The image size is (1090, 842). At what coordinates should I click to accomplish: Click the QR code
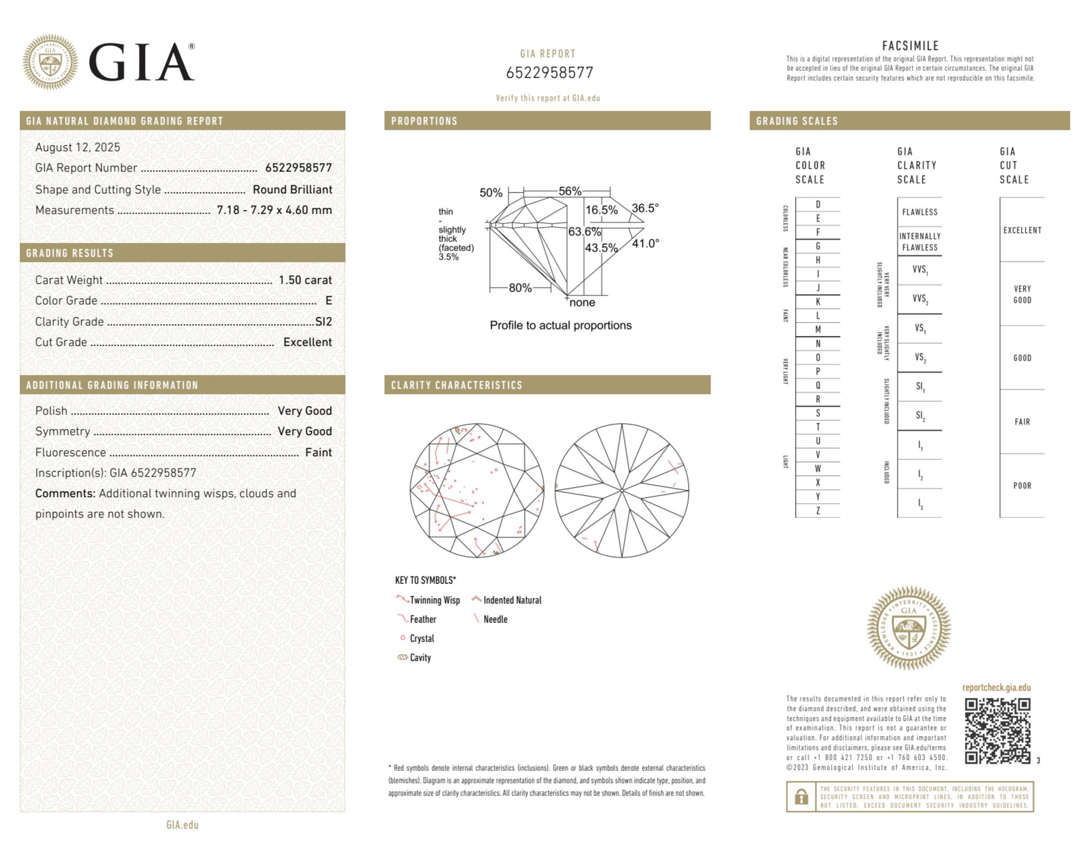[997, 731]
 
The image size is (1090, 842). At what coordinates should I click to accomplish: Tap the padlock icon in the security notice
[801, 796]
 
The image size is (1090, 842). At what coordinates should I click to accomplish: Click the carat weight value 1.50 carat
[305, 280]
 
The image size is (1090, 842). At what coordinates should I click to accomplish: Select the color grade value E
[328, 301]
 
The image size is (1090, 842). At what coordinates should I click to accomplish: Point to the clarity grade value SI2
[324, 321]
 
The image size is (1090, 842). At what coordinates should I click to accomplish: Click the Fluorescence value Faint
[318, 452]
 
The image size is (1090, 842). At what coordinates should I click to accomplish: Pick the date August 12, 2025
[77, 147]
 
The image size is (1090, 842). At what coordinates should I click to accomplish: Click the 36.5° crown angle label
[645, 208]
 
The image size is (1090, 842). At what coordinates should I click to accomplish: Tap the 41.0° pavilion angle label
[646, 243]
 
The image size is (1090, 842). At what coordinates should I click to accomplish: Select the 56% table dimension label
[570, 191]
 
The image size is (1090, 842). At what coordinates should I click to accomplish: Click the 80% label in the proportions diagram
[520, 288]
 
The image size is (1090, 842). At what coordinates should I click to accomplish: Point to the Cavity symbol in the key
[403, 657]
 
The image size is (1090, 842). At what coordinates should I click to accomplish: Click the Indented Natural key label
[512, 600]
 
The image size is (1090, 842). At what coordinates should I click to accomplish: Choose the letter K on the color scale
[818, 302]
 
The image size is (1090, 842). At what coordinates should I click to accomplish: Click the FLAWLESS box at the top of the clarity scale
[920, 212]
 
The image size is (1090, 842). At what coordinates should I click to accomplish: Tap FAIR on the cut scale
[1022, 422]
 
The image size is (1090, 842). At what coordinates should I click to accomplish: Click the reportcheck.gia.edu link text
[996, 687]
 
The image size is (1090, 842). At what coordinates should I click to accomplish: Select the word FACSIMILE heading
[910, 46]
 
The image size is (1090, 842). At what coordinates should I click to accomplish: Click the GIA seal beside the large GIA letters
[50, 62]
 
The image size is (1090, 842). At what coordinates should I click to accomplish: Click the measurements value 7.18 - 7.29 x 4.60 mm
[274, 210]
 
